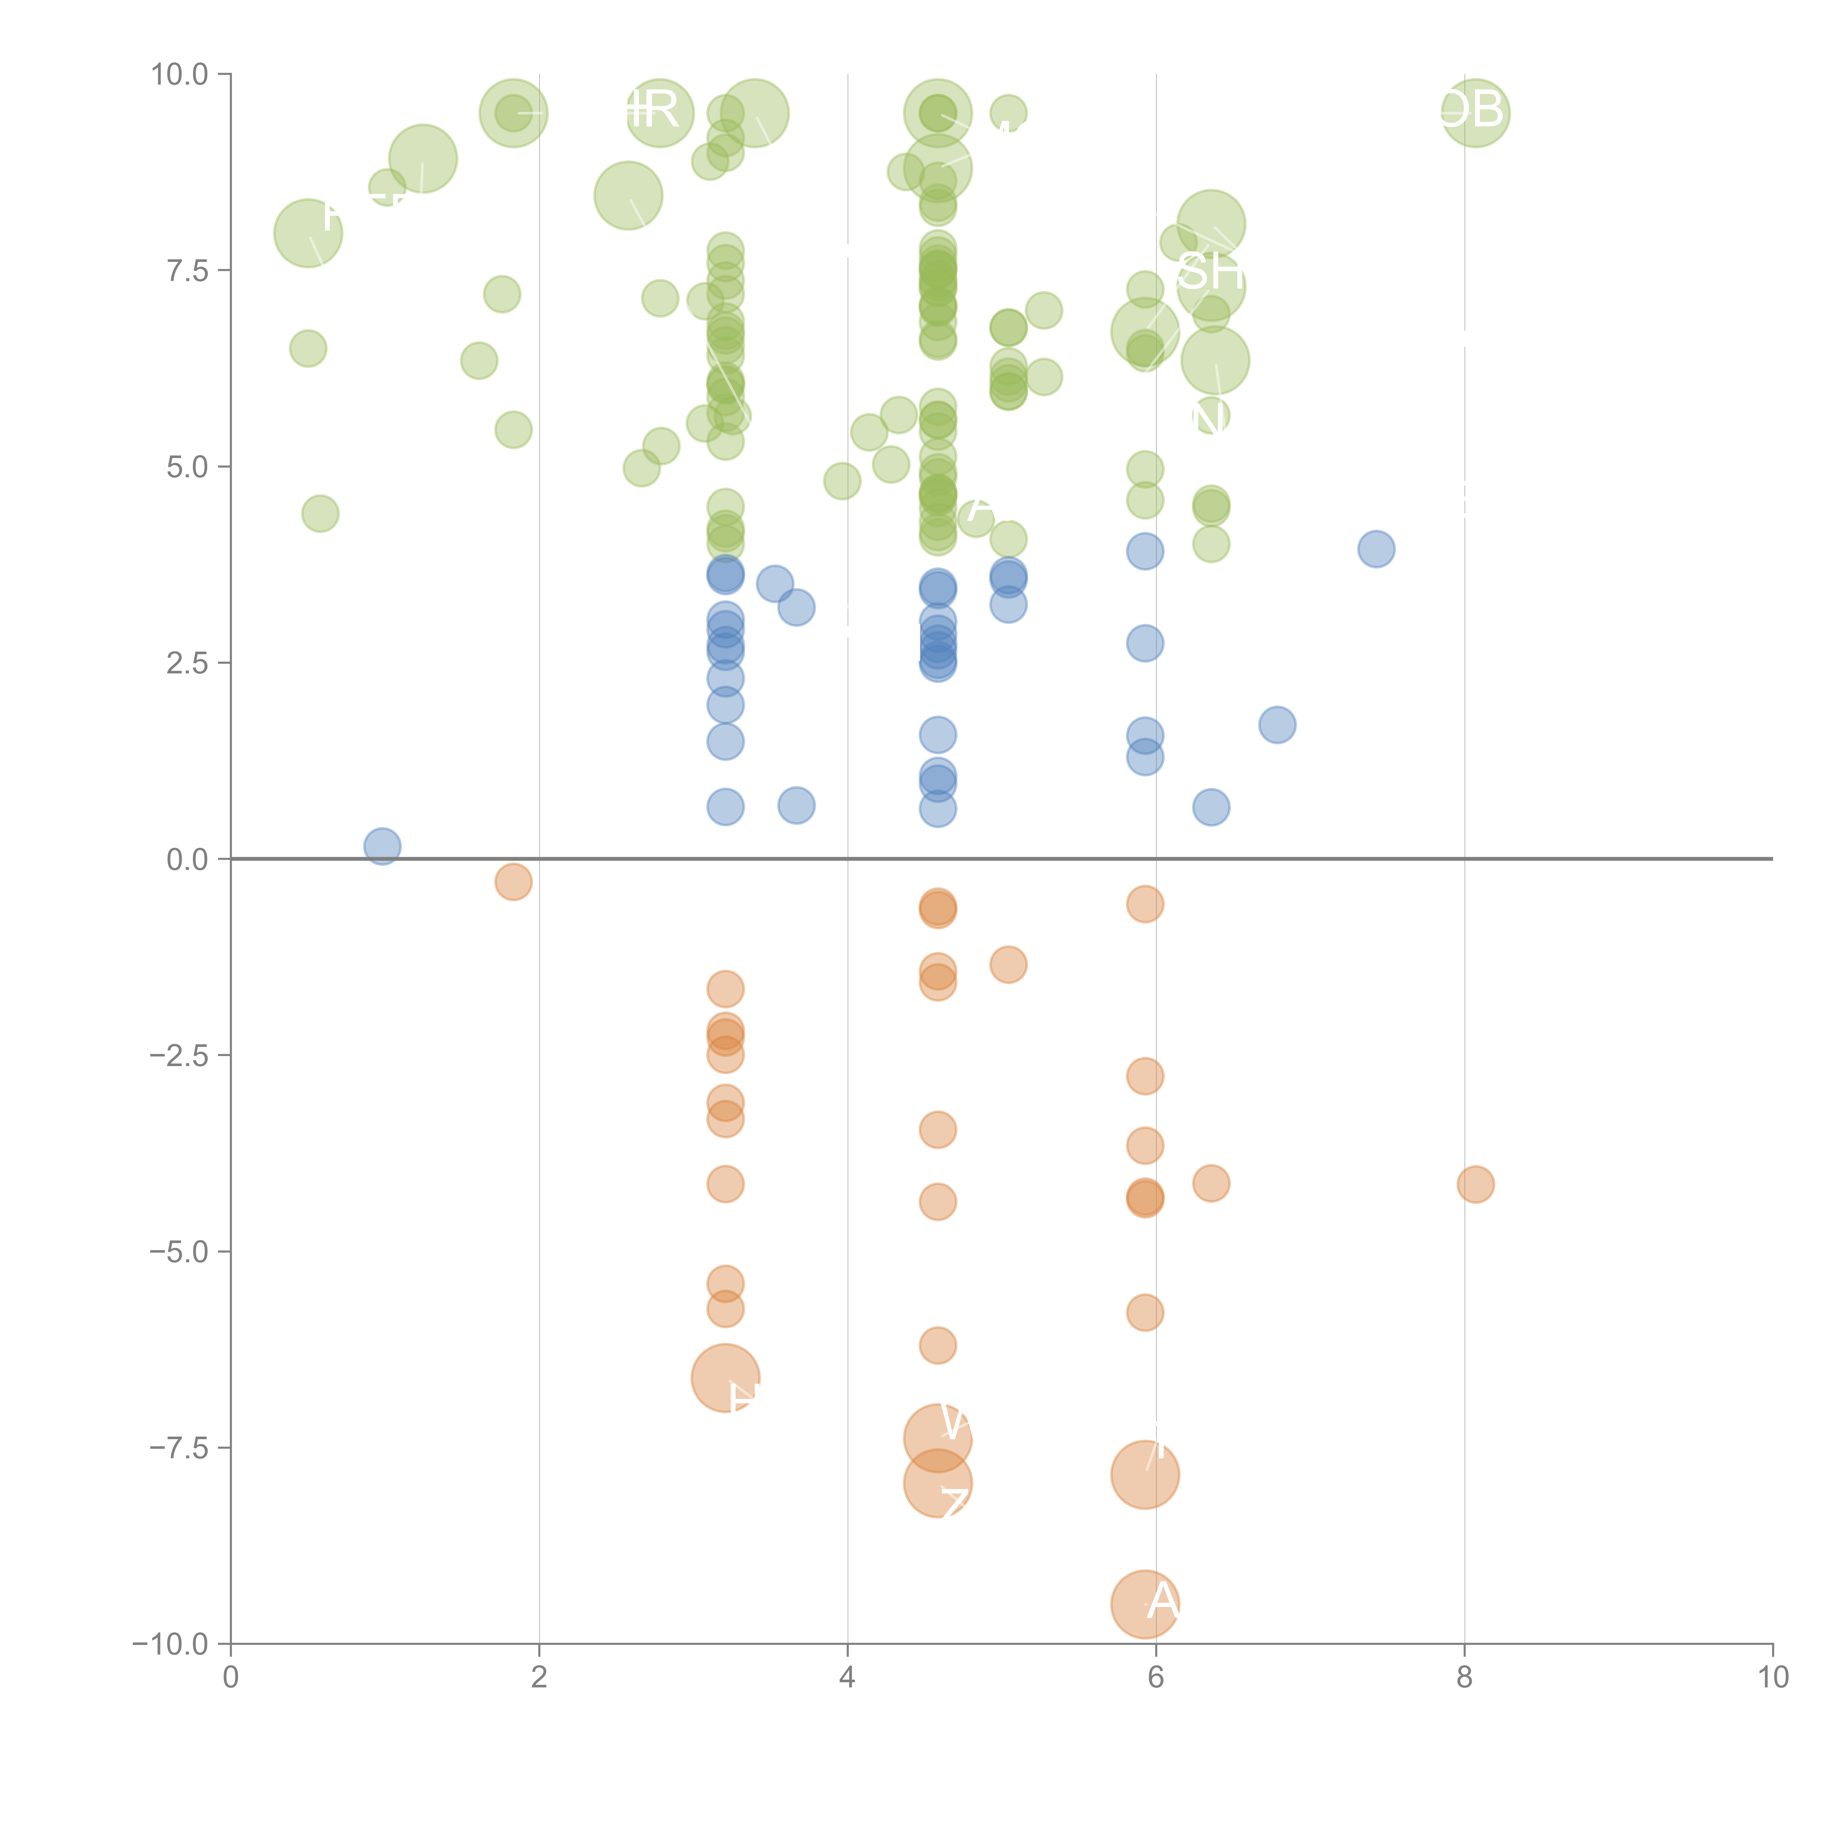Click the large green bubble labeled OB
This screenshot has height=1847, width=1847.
tap(1475, 113)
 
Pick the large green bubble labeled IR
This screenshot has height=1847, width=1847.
tap(659, 113)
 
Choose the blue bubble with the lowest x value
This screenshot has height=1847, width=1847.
tap(382, 846)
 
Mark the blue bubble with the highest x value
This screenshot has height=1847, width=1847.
tap(1376, 549)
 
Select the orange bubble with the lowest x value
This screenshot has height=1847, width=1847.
tap(513, 881)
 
